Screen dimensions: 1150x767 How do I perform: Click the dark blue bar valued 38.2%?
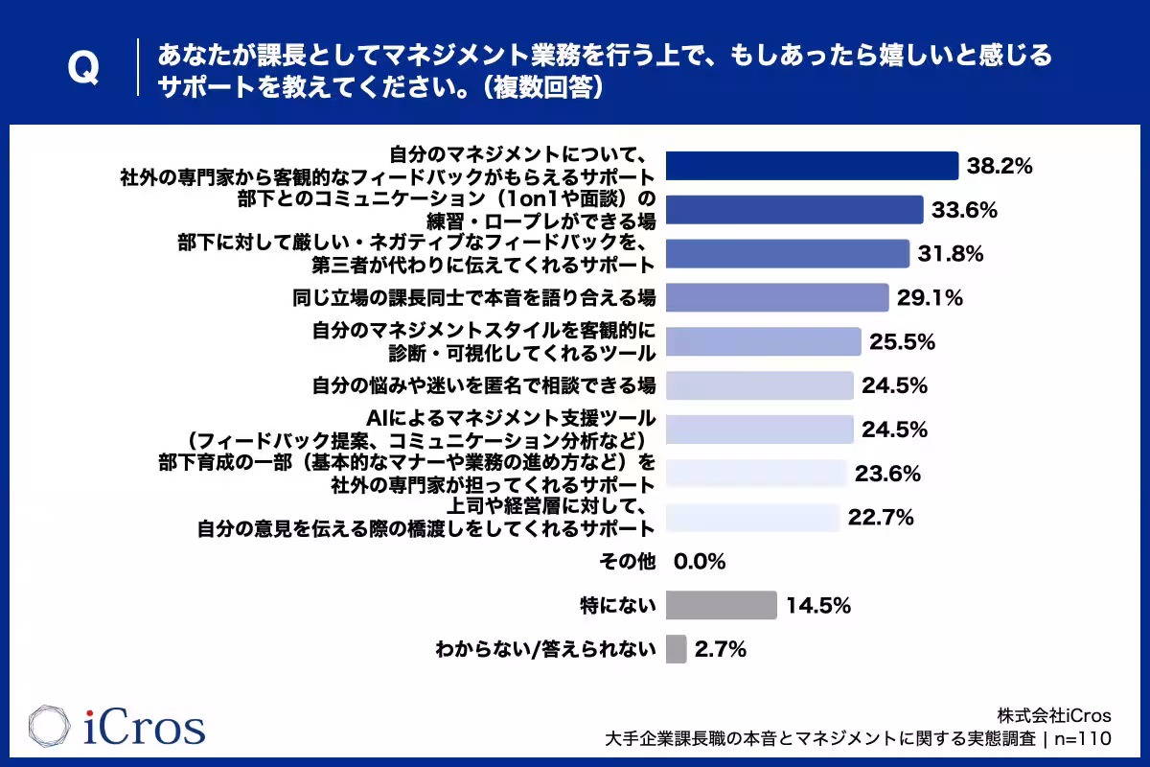point(813,166)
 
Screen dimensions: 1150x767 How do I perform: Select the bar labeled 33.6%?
point(794,210)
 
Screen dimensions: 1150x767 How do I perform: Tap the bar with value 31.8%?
point(788,254)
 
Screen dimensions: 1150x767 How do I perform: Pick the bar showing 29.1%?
point(777,297)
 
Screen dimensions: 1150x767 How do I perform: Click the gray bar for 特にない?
point(722,605)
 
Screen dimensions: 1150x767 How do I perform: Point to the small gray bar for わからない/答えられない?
point(677,649)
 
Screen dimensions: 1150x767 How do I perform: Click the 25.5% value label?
point(902,341)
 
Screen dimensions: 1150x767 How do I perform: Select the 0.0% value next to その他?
point(700,562)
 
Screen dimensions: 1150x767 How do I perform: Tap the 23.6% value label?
point(887,474)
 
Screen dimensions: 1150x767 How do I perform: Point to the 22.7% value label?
point(881,518)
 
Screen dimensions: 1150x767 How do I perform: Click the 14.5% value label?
point(818,605)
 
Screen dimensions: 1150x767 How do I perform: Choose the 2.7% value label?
point(721,649)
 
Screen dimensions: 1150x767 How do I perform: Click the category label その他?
point(628,562)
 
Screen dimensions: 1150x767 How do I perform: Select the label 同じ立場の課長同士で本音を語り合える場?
point(473,298)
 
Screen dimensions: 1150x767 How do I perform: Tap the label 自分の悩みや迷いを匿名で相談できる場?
point(484,385)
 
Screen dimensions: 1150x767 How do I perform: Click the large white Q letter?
point(83,67)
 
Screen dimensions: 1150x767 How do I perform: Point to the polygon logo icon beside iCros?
point(49,726)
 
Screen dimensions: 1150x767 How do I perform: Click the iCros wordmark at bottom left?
point(145,727)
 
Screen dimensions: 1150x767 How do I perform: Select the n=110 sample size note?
point(1083,739)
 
